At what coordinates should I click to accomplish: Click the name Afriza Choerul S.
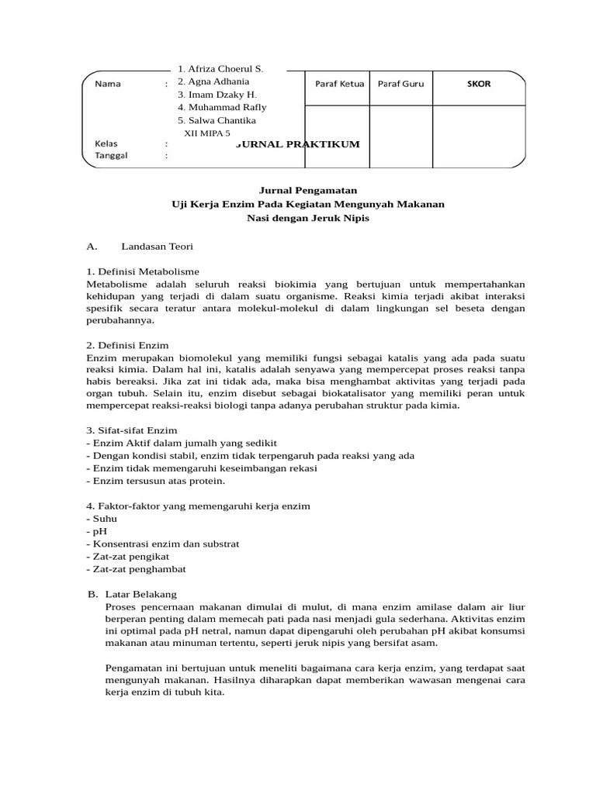click(x=220, y=69)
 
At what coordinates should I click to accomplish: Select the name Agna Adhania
click(x=213, y=81)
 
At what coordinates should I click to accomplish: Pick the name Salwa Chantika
click(x=217, y=120)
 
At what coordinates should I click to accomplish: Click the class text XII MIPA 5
click(x=207, y=133)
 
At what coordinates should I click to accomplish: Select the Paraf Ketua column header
click(x=339, y=84)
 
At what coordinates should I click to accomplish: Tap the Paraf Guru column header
click(x=400, y=84)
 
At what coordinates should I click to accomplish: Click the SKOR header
click(x=479, y=84)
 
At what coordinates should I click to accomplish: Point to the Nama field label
click(x=107, y=84)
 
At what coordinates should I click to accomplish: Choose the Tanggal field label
click(x=112, y=155)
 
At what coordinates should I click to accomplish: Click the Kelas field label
click(x=106, y=143)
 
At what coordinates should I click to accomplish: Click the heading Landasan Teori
click(x=157, y=246)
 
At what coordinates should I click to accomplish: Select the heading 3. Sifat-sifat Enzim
click(x=132, y=430)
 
